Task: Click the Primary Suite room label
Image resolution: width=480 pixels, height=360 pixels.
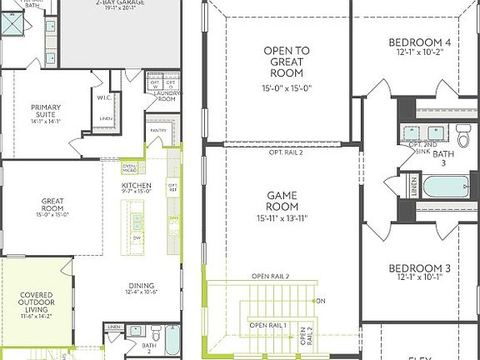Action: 46,112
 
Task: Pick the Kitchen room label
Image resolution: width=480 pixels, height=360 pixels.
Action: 136,185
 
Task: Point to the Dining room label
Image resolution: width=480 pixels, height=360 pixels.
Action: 140,285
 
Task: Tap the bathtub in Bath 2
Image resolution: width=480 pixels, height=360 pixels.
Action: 172,340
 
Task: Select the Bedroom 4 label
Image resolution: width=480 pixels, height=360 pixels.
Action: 420,42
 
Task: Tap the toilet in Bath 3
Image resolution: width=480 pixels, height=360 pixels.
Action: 462,132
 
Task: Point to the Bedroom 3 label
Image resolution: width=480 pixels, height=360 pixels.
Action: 420,268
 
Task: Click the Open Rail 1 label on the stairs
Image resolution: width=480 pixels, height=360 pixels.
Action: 267,324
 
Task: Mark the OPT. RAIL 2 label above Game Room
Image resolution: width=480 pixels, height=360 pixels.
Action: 287,152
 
